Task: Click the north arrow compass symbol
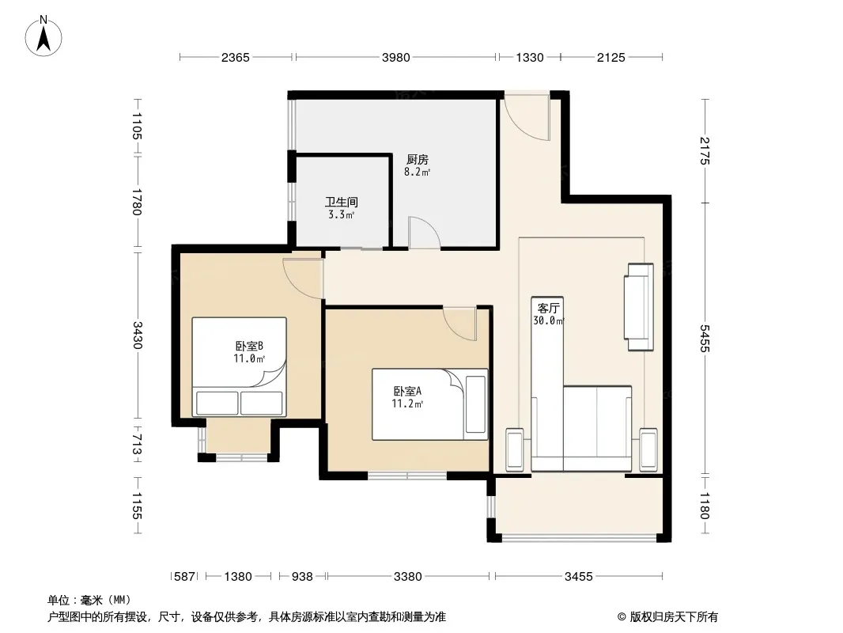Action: coord(43,36)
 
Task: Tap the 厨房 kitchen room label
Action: coord(418,160)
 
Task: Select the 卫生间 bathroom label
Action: coord(342,203)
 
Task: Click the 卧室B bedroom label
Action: coord(249,346)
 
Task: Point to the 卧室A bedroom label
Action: coord(407,392)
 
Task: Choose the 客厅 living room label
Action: coord(548,308)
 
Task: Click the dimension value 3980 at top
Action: coord(395,58)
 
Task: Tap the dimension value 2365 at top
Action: coord(236,58)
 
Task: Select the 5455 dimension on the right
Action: coord(705,339)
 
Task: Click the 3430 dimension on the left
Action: coord(138,335)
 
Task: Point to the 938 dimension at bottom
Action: coord(302,577)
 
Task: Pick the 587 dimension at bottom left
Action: coord(184,577)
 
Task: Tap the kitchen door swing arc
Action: coord(424,233)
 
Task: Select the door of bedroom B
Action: coord(303,278)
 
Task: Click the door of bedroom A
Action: coord(460,323)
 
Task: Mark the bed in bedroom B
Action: coord(240,367)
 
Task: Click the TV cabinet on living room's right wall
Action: coord(639,307)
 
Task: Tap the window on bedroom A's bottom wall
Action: coord(407,476)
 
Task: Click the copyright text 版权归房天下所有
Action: coord(674,617)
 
